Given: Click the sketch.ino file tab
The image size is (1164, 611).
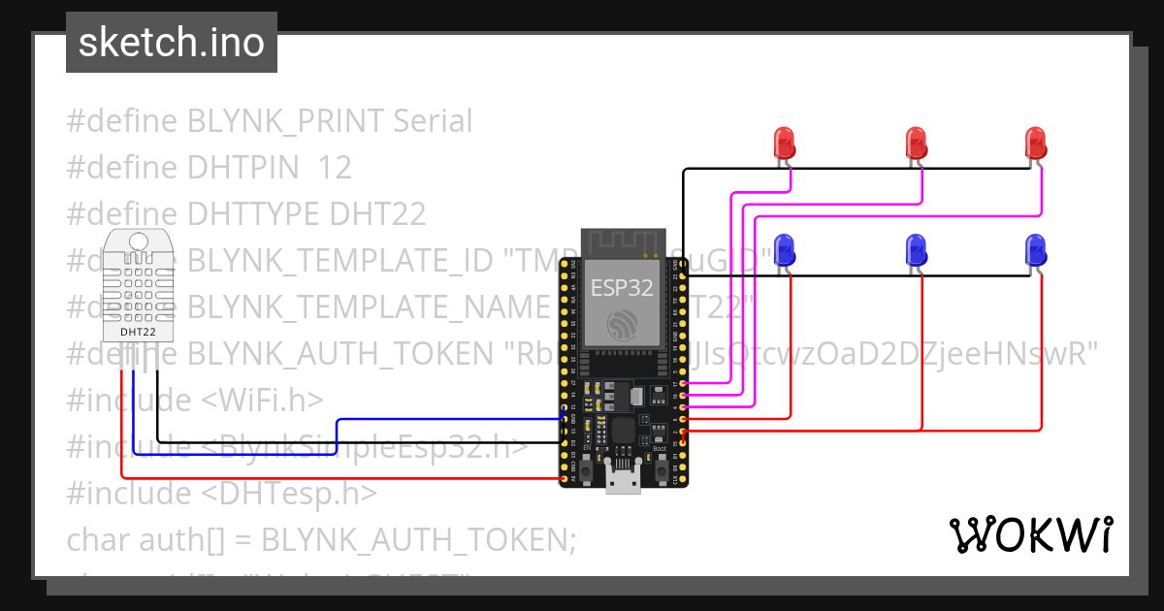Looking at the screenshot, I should tap(171, 43).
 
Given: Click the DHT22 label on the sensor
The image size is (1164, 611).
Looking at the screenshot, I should tap(138, 331).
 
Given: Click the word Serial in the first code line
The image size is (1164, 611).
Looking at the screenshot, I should tap(433, 121).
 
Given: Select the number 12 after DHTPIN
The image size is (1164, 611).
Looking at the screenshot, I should tap(335, 168).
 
